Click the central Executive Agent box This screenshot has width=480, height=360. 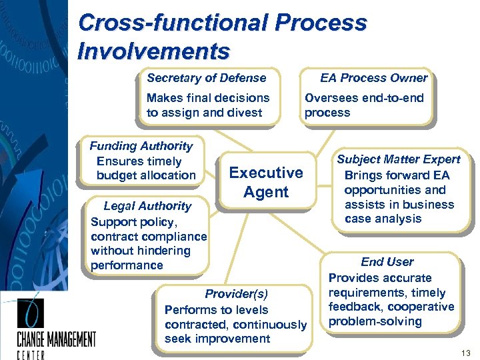pos(265,183)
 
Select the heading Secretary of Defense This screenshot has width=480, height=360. pos(206,78)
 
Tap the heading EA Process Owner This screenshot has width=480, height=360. pos(373,78)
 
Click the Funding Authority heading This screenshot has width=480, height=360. pos(141,146)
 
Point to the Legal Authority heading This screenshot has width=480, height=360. pos(147,206)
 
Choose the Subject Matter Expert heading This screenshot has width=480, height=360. pos(398,159)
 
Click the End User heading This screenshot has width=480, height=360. pos(387,262)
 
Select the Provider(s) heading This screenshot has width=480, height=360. pos(236,294)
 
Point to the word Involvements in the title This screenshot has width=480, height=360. pos(153,51)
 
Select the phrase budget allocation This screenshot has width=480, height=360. pos(146,175)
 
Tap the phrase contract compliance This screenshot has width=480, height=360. pos(149,237)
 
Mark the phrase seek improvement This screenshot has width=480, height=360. pos(217,339)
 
